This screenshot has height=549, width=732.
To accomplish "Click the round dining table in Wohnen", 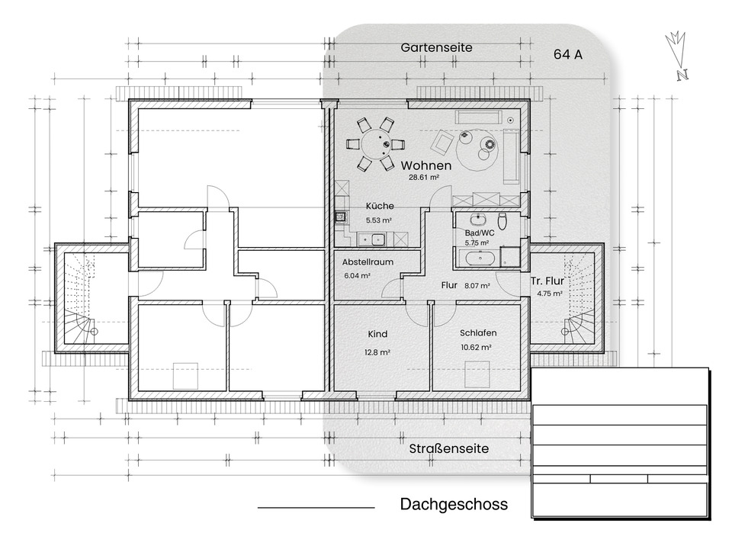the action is pos(375,143).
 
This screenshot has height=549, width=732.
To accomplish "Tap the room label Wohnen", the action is pos(426,165).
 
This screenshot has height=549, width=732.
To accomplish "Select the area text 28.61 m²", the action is pos(423,178).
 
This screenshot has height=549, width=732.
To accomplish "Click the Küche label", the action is pos(379,206).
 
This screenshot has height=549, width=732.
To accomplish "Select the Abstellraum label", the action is pos(368,262).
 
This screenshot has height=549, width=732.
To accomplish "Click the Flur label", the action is pos(448,287).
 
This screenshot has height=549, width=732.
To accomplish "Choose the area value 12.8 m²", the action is pos(377,352).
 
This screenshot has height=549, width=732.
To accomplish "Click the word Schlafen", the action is pos(478,333).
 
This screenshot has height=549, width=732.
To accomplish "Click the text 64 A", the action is pos(569,54).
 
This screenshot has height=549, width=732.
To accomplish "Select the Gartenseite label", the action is pos(436,47).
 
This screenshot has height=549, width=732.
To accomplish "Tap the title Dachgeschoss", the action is pos(453,505).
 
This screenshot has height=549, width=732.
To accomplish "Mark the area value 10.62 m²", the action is pos(475,346).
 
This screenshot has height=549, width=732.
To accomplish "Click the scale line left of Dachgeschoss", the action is pos(316,507).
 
